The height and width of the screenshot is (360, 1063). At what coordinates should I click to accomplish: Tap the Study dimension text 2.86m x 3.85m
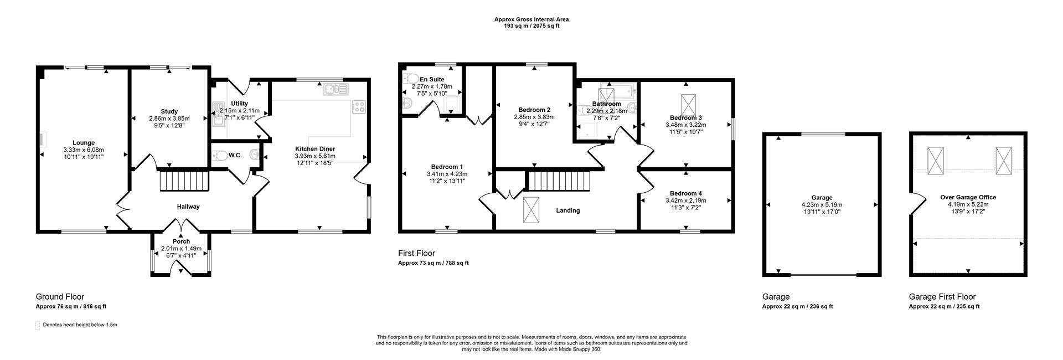[x=169, y=119]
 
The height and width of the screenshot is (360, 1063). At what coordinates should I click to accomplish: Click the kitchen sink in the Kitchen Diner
[x=336, y=89]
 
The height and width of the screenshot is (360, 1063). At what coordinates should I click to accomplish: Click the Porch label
[x=181, y=241]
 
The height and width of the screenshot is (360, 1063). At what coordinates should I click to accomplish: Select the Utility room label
[x=240, y=104]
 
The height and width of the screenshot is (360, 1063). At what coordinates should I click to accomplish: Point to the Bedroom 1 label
[x=447, y=167]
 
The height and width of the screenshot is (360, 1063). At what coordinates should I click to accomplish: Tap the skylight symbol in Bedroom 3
[x=689, y=104]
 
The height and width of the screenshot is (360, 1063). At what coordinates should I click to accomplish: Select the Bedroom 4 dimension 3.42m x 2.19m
[x=685, y=200]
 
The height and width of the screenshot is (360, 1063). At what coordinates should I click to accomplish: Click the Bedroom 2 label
[x=534, y=110]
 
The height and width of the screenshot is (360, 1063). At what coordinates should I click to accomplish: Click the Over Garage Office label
[x=968, y=197]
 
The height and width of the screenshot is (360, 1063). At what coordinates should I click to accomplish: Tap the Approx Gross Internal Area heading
[x=531, y=19]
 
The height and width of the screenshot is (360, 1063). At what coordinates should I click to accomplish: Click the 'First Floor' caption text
[x=416, y=253]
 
